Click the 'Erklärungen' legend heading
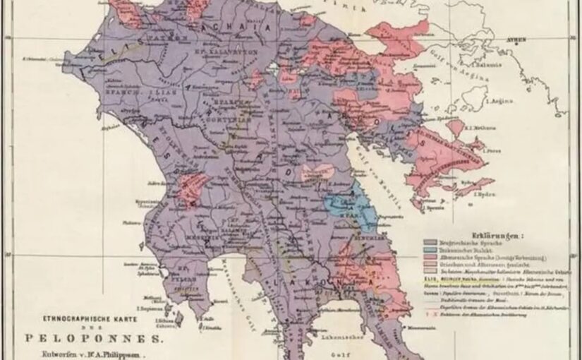coord(502,232)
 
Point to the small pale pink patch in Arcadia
coord(317,172)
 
